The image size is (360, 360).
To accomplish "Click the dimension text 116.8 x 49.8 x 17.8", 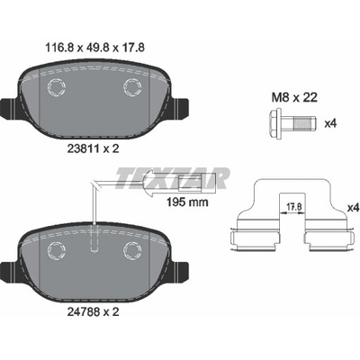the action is tap(94, 48).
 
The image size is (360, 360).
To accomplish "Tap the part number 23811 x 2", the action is tap(93, 148).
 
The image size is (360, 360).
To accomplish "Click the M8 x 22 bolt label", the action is tap(294, 97).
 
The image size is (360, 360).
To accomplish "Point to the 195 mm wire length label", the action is tap(188, 202).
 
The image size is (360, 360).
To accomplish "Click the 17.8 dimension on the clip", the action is tap(294, 206).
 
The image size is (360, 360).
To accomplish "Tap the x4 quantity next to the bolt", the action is tap(331, 123).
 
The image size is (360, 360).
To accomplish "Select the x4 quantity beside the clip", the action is tap(353, 208).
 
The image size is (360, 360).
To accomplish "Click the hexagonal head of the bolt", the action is tap(275, 123).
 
